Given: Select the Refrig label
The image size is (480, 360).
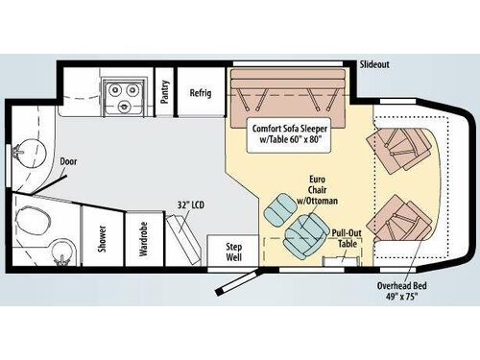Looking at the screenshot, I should [201, 94].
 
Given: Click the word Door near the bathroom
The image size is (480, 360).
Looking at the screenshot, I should [68, 162].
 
